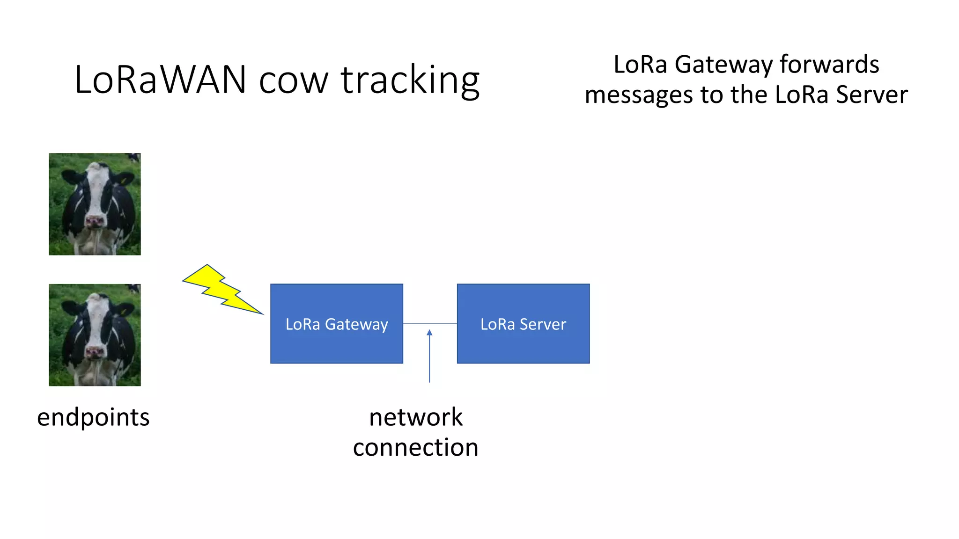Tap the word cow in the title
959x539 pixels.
[293, 80]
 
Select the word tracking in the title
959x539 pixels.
[410, 80]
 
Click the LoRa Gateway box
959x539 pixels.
[337, 324]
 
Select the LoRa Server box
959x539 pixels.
[523, 324]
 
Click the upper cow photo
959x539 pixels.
[95, 204]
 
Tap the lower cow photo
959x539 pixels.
[95, 335]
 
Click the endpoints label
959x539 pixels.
[93, 417]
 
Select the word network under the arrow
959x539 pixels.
[416, 417]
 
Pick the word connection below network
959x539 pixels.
[416, 448]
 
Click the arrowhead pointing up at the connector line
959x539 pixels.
[429, 333]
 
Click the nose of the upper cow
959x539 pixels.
[95, 220]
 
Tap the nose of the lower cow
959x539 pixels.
[95, 351]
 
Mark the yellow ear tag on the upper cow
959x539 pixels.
[123, 180]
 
